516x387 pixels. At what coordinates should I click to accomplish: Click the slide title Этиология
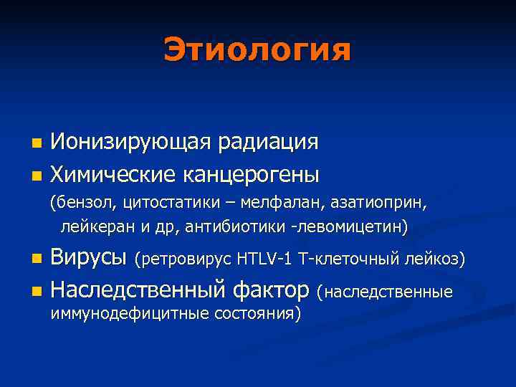pos(257,49)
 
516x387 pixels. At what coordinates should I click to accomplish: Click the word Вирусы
pos(90,258)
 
